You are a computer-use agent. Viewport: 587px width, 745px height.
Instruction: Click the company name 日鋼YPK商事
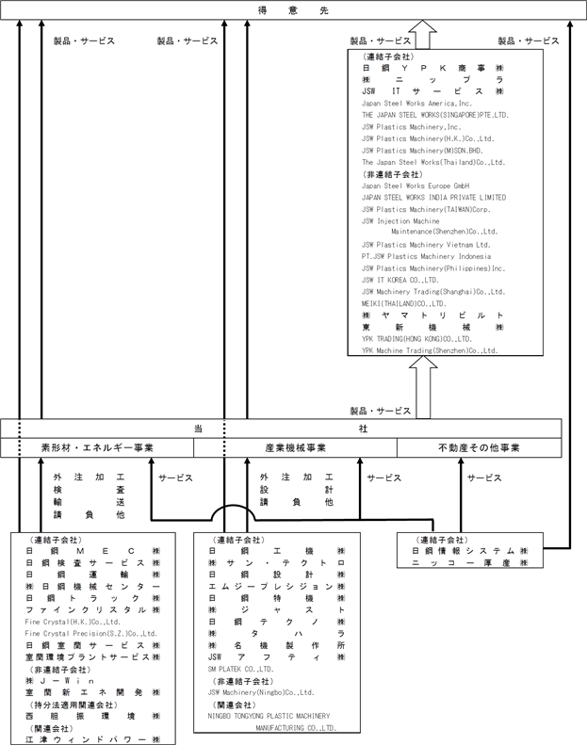[x=434, y=69]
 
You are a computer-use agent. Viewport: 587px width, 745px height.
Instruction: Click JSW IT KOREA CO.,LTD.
[x=400, y=280]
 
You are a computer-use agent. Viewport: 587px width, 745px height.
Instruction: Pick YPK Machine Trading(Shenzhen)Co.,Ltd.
[x=430, y=350]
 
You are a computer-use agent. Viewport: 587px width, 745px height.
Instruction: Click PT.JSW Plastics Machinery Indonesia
[x=426, y=256]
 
